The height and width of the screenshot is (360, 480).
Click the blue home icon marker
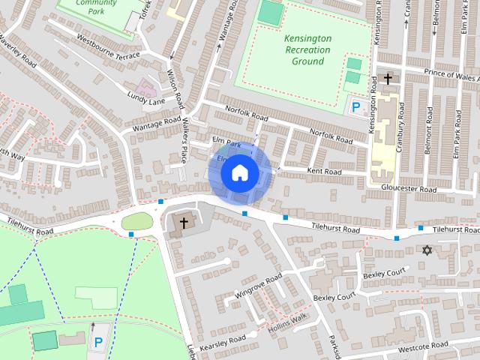click(x=239, y=172)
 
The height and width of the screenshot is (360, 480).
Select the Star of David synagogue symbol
click(x=428, y=250)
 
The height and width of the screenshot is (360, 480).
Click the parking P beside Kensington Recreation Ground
click(x=356, y=107)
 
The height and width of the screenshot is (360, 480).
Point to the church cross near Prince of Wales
click(x=388, y=78)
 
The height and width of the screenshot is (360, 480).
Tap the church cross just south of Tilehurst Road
click(x=183, y=223)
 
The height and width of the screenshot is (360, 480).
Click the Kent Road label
click(x=324, y=172)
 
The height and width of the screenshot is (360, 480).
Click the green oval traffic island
click(x=136, y=221)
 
